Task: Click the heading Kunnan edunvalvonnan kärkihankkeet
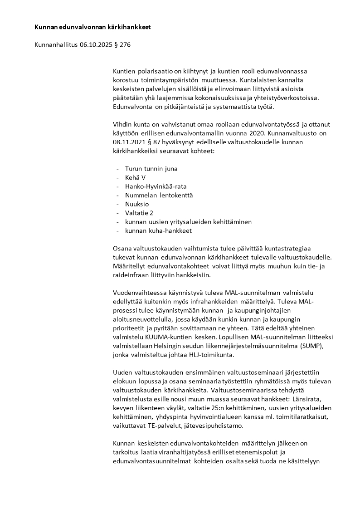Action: point(92,27)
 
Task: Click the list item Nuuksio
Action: point(137,204)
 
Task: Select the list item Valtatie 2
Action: point(139,213)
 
